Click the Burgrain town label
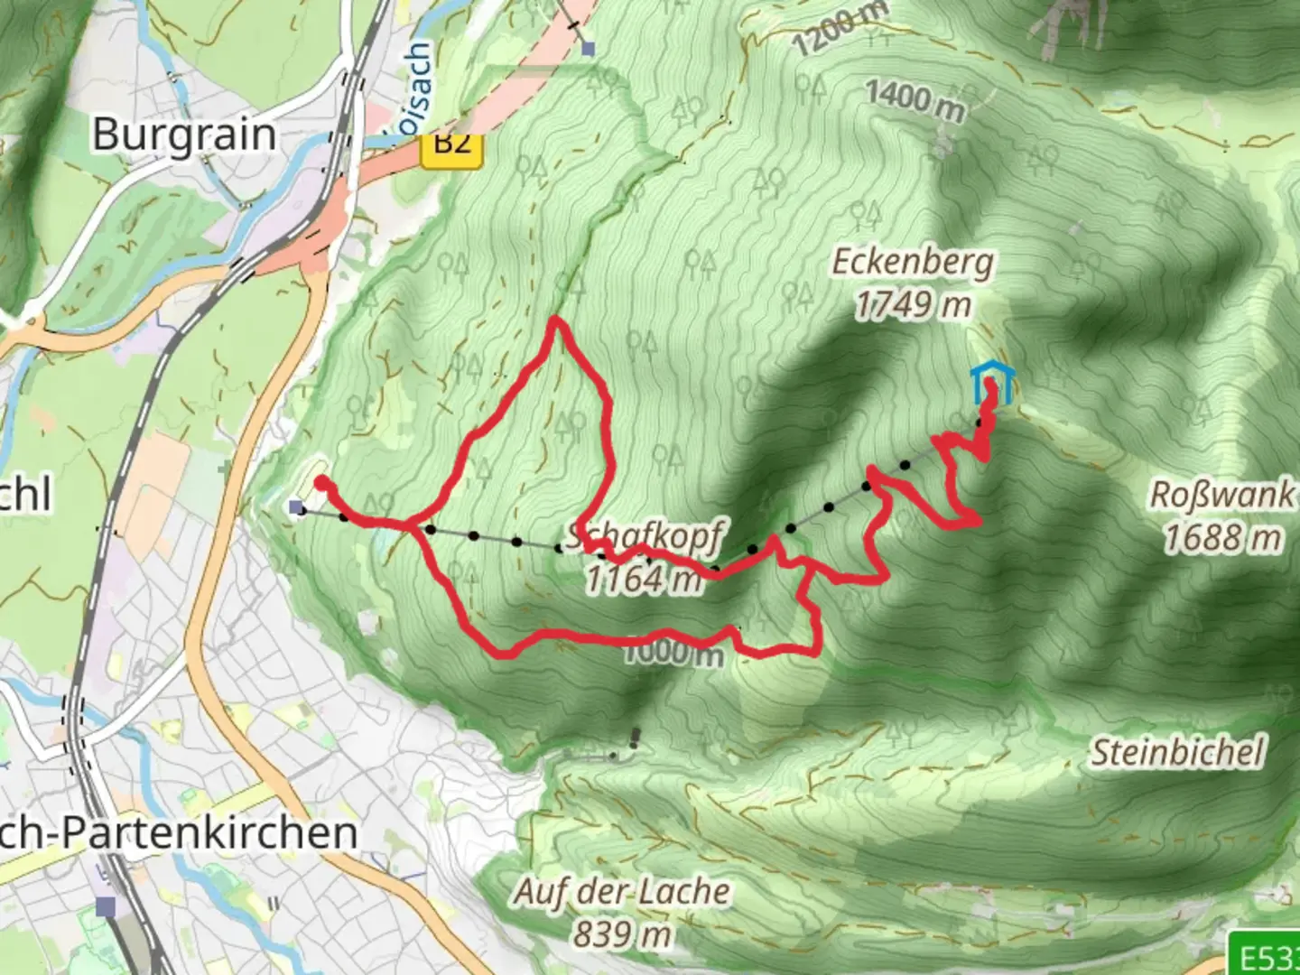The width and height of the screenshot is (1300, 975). [184, 135]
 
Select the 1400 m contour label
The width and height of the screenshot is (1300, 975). [915, 99]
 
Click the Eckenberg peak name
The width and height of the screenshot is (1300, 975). [912, 262]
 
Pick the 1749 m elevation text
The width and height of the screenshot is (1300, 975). [912, 305]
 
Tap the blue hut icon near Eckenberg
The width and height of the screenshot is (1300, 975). [992, 383]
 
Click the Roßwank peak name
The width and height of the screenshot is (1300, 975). [1221, 495]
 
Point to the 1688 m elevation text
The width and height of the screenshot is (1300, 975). [1221, 538]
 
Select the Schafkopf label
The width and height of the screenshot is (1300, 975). [644, 536]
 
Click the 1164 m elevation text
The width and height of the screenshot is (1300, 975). [643, 578]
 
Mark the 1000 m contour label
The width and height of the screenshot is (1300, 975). [673, 652]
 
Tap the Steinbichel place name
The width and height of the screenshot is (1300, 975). [1178, 751]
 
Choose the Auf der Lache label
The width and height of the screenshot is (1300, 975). [622, 891]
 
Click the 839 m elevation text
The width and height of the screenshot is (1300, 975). [622, 933]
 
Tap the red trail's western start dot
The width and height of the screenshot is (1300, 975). [320, 483]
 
